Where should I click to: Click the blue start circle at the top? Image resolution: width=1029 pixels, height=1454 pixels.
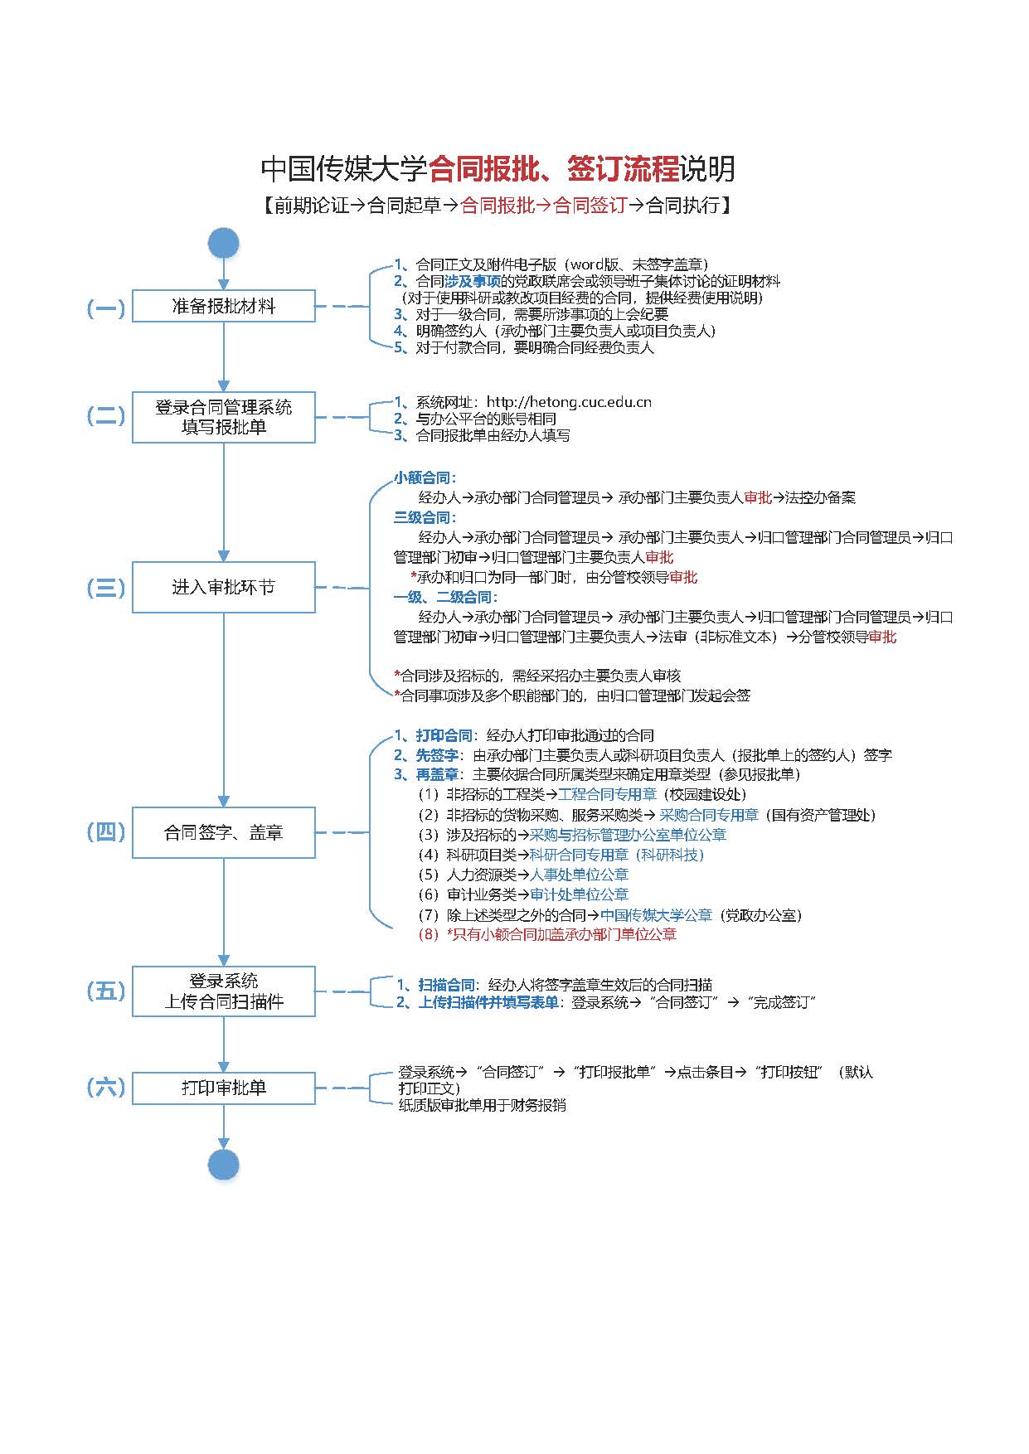(x=224, y=243)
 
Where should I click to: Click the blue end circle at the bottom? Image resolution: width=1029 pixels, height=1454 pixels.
(x=224, y=1164)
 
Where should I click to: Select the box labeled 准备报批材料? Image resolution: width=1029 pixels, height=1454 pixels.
(x=224, y=306)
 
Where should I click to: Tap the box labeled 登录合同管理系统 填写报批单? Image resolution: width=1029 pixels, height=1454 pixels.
(x=224, y=417)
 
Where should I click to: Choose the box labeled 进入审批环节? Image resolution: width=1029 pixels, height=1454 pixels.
(x=224, y=587)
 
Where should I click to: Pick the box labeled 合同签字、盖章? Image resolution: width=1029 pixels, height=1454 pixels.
(x=224, y=832)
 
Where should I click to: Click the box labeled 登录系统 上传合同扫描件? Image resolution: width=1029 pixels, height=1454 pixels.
(x=224, y=991)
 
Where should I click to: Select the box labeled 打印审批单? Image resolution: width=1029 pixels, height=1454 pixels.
(x=224, y=1088)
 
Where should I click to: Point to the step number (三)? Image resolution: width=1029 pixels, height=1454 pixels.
(x=106, y=588)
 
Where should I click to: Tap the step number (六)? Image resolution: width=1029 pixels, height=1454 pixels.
(x=106, y=1088)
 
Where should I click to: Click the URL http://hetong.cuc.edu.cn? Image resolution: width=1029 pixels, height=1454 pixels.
(x=569, y=402)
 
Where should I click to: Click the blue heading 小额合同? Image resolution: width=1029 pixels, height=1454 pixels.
(x=425, y=478)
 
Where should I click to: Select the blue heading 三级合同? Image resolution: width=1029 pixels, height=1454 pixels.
(x=425, y=518)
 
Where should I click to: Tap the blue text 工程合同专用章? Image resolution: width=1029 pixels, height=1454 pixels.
(x=607, y=794)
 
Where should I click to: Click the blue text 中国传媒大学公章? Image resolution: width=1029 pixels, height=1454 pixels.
(x=656, y=915)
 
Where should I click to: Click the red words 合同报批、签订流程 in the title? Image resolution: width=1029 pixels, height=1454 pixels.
(x=553, y=169)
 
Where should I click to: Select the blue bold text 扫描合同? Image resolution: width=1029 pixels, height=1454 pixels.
(x=447, y=985)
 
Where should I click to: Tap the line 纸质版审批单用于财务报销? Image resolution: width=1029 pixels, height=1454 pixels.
(x=482, y=1105)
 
